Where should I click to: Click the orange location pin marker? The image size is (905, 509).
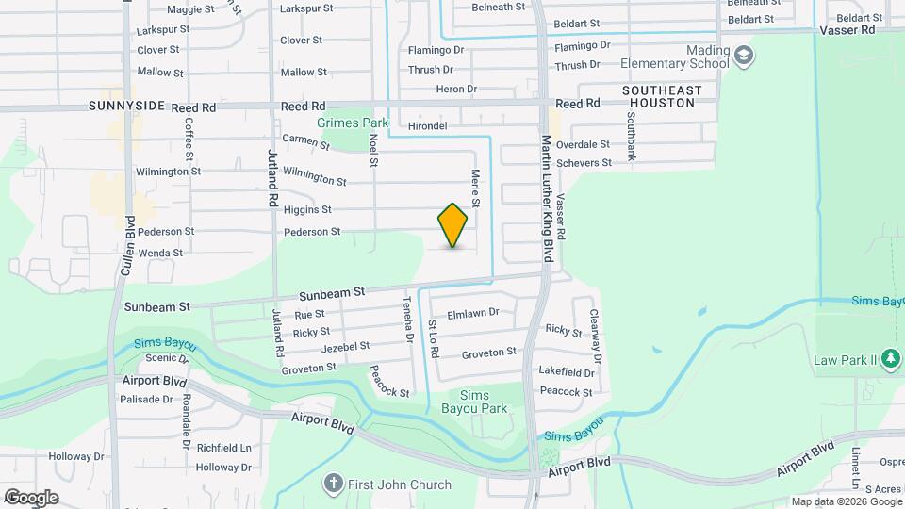[x=453, y=225]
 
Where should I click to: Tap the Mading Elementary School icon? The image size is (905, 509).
[x=744, y=56]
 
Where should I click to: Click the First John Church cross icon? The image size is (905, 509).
[x=332, y=484]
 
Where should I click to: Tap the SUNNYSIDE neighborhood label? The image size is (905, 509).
[x=127, y=107]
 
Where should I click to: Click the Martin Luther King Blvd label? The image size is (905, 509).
[x=546, y=198]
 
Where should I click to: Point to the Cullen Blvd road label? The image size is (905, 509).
[x=128, y=246]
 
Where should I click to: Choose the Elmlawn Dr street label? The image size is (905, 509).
[x=472, y=312]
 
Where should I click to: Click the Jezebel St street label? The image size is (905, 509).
[x=345, y=348]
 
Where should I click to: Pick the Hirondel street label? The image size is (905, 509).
[x=427, y=125]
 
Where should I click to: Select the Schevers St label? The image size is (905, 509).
[x=584, y=162]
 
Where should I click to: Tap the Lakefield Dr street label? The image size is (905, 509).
[x=566, y=371]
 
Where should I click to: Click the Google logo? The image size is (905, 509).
[x=30, y=497]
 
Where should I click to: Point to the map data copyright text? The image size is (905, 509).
[x=845, y=501]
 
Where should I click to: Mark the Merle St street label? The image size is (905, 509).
[x=476, y=189]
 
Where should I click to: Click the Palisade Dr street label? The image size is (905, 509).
[x=147, y=399]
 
